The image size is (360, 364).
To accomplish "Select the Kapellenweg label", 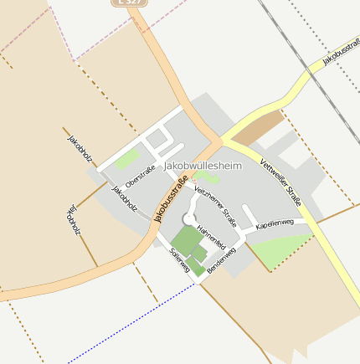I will pos(275,225).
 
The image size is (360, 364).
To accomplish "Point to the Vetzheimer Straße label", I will pos(216,206).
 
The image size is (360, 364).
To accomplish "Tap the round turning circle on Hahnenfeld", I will pos(188,218).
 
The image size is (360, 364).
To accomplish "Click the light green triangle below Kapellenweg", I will pos(280,249).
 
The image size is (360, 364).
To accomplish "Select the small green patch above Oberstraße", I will pos(127,159).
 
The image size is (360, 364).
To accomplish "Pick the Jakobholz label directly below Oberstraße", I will pos(124,200).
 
